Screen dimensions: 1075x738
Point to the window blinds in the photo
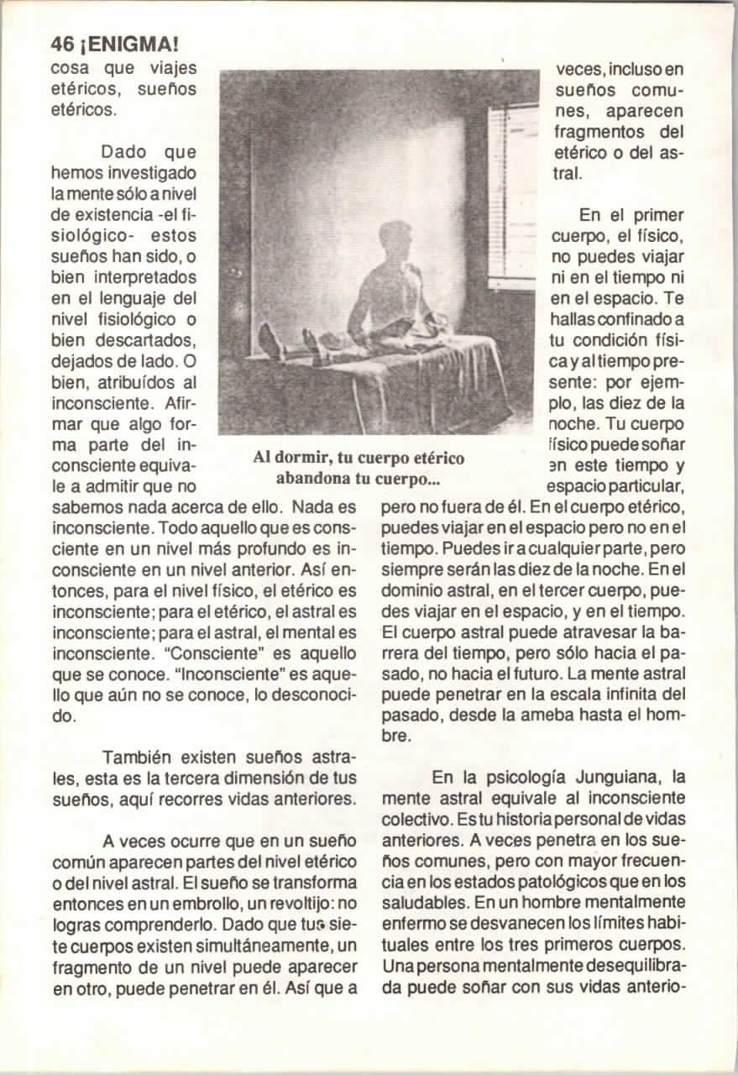(513, 193)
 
